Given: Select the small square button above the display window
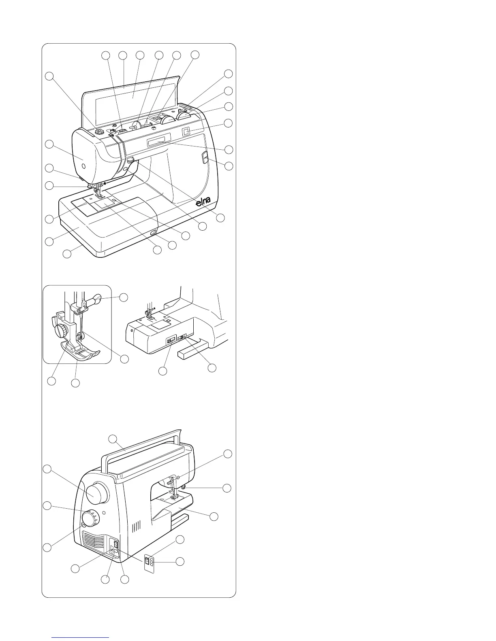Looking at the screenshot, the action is click(186, 131).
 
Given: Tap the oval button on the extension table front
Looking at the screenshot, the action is click(152, 233).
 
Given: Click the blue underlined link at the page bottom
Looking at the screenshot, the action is click(81, 638).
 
